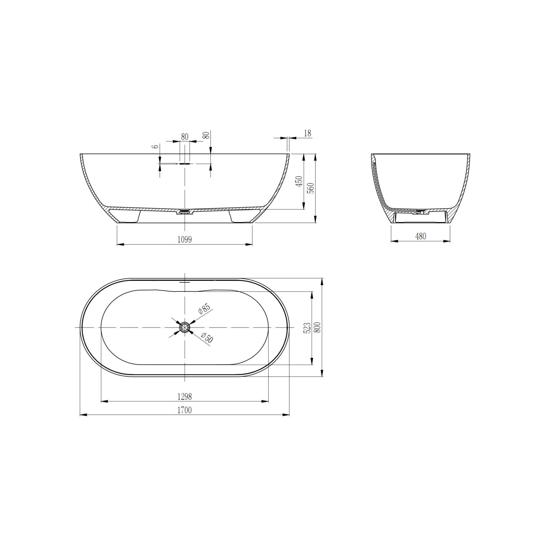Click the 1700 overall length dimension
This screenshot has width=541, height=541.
click(184, 410)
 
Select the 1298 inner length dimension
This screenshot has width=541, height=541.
click(184, 396)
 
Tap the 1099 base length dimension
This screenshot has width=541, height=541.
click(184, 239)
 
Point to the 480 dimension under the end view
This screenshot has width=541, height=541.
click(421, 237)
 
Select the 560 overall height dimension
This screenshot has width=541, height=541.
click(311, 188)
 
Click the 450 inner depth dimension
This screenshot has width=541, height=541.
click(299, 181)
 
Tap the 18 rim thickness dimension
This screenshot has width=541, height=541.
click(307, 133)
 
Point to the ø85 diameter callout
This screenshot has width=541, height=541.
click(204, 310)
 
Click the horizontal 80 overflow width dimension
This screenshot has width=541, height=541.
click(185, 137)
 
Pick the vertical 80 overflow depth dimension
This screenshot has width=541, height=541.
click(207, 136)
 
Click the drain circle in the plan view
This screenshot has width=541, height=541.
click(185, 327)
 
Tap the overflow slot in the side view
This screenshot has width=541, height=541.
click(185, 163)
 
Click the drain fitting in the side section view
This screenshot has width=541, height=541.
click(185, 212)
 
